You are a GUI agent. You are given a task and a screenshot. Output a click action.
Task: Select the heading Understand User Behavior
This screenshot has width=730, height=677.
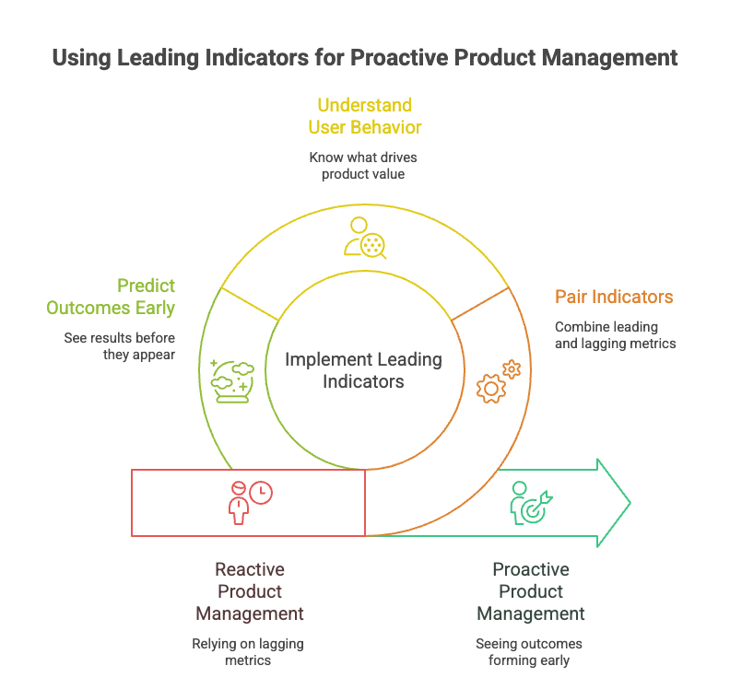click(365, 116)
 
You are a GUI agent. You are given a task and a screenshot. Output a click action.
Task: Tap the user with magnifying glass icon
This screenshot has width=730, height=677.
click(365, 238)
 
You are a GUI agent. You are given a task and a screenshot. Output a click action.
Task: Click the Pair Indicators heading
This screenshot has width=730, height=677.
click(613, 297)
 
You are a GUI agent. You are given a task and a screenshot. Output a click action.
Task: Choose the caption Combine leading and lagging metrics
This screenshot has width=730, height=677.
click(615, 334)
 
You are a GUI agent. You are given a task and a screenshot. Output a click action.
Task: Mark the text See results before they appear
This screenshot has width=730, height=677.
click(119, 346)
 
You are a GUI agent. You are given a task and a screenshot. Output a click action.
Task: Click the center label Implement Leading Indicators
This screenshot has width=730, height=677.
click(363, 369)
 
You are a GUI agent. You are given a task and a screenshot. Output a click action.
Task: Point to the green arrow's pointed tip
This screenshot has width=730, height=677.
click(630, 502)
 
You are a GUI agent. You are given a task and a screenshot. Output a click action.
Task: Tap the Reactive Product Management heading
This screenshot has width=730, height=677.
click(249, 591)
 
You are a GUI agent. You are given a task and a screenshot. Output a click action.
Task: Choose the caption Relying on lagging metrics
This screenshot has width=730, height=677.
click(248, 651)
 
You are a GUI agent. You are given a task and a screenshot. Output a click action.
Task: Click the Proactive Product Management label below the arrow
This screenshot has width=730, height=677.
click(530, 591)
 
